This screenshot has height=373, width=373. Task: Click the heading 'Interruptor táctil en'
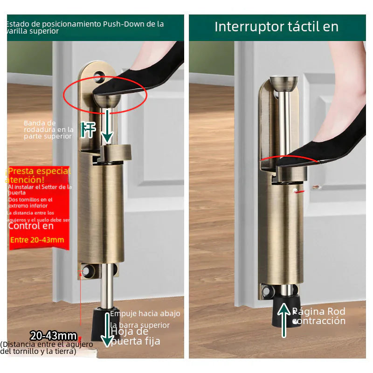click(276, 27)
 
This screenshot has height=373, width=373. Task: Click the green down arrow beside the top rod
click(108, 126)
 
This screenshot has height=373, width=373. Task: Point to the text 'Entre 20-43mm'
click(37, 240)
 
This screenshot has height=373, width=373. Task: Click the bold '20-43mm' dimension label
click(53, 336)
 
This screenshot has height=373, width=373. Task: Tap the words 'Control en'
click(31, 226)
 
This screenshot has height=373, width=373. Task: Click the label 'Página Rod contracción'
click(319, 316)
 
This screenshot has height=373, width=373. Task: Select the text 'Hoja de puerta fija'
click(135, 336)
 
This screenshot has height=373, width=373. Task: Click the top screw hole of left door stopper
click(99, 75)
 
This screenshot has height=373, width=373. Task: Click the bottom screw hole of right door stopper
click(266, 292)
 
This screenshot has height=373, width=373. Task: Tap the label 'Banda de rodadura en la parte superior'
click(48, 130)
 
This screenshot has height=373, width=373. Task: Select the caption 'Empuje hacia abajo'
click(145, 314)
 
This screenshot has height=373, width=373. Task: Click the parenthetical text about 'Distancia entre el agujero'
click(46, 348)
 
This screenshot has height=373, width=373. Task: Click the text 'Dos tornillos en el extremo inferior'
click(31, 202)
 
